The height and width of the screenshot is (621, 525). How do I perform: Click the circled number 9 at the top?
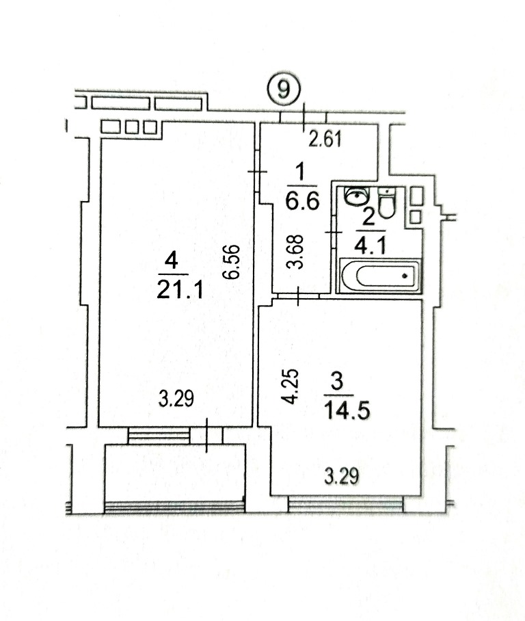(283, 90)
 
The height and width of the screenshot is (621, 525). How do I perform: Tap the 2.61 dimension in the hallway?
(325, 139)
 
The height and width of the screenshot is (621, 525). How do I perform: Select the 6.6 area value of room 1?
(302, 202)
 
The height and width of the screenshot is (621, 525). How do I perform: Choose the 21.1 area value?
(180, 289)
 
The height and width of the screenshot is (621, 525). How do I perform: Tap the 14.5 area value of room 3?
(347, 410)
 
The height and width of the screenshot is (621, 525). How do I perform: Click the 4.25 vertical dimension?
(291, 386)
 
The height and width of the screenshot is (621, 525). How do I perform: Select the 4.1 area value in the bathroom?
(369, 247)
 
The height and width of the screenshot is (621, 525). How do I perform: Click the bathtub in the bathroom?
(380, 275)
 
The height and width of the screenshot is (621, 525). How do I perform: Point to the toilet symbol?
(386, 202)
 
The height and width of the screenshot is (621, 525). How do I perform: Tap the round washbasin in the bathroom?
(357, 196)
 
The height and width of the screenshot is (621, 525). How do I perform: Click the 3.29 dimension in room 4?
(176, 399)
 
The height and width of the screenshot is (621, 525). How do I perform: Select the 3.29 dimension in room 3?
(342, 475)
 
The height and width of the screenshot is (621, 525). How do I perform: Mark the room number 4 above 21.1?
(171, 262)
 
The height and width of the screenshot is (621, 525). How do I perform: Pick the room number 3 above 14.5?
(337, 382)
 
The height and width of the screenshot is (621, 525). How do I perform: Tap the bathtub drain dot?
(404, 276)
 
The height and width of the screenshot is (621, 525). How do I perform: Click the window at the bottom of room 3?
(345, 505)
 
